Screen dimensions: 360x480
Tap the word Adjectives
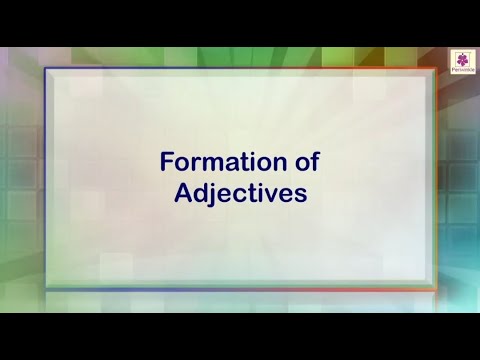coord(240,193)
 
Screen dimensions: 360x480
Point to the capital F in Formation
coord(168,162)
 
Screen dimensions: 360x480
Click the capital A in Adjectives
coord(182,193)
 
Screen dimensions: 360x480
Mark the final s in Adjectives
coord(299,195)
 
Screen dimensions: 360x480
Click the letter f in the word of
coord(313,161)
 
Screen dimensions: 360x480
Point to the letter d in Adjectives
coord(200,193)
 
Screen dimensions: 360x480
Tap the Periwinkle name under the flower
coord(462,71)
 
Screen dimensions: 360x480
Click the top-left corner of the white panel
coord(46,70)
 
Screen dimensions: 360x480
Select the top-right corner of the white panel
coord(436,70)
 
